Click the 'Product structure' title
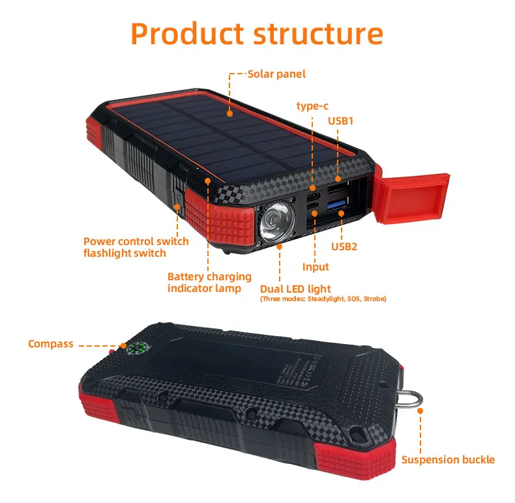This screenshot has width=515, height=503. point(257,33)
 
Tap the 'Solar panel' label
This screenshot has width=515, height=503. point(276,74)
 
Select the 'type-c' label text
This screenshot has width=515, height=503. point(312,106)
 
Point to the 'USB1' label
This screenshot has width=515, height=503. point(340,121)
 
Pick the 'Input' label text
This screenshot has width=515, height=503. point(316,266)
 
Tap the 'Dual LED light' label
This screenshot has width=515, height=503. point(295,289)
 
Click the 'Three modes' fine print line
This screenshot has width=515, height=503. point(323,299)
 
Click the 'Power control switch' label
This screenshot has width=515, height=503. point(136,242)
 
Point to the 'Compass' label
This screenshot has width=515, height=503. point(51,343)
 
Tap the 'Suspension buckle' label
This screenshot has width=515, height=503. point(448,460)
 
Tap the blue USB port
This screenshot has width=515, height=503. point(336,207)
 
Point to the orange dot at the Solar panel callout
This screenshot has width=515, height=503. point(230,113)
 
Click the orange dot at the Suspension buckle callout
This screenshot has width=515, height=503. point(420,411)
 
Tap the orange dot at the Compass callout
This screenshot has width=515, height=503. point(121,343)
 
